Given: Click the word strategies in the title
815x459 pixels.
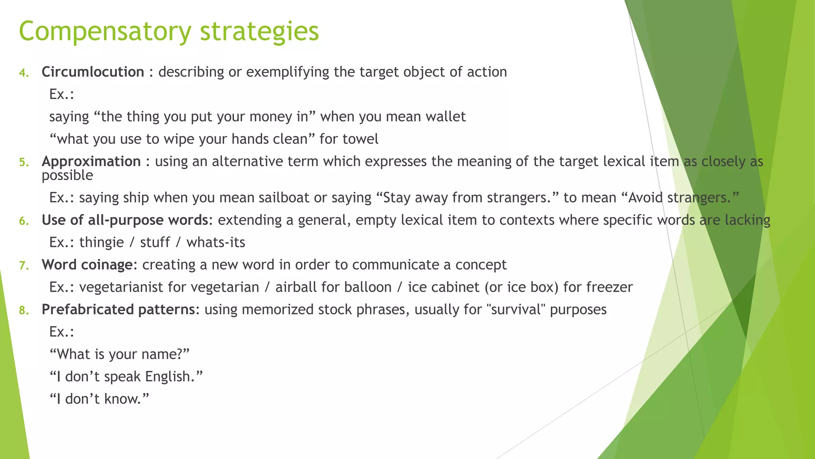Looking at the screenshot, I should pos(259,32).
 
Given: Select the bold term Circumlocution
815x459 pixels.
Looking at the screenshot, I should pos(93,72).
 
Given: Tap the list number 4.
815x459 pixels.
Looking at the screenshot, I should pos(24,73).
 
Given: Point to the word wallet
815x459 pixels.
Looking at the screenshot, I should pos(445,117).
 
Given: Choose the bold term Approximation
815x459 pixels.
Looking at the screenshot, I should pos(91,161).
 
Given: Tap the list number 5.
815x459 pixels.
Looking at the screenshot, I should pos(24,162).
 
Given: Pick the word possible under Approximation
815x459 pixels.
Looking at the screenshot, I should pos(67,175).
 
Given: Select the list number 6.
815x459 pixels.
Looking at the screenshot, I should pos(24,221).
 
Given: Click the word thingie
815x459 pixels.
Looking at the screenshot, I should pos(101,242).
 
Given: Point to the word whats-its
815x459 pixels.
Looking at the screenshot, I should pos(216,242).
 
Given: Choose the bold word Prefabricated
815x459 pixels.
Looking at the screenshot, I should pos(88,310).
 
